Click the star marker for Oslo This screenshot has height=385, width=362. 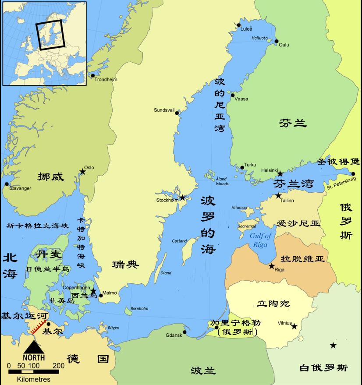click(x=82, y=172)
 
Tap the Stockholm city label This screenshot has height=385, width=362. click(x=167, y=200)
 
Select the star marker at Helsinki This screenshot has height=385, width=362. click(x=280, y=174)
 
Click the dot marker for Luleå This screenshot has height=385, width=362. click(x=239, y=25)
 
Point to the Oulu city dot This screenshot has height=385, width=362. click(x=277, y=42)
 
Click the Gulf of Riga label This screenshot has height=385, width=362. click(x=261, y=240)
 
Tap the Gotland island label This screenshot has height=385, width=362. click(x=179, y=241)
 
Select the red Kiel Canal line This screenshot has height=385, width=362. click(x=39, y=327)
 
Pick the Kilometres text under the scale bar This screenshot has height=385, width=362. click(x=34, y=379)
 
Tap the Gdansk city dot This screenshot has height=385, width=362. click(x=185, y=332)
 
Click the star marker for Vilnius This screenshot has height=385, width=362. click(x=295, y=326)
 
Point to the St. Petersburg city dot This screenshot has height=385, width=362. click(x=353, y=174)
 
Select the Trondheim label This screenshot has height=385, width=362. click(x=106, y=80)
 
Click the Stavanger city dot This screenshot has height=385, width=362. click(x=6, y=184)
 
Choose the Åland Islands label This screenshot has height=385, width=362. click(x=222, y=181)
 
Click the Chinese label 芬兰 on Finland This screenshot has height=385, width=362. click(x=292, y=124)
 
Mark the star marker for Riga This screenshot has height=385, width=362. click(x=272, y=266)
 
